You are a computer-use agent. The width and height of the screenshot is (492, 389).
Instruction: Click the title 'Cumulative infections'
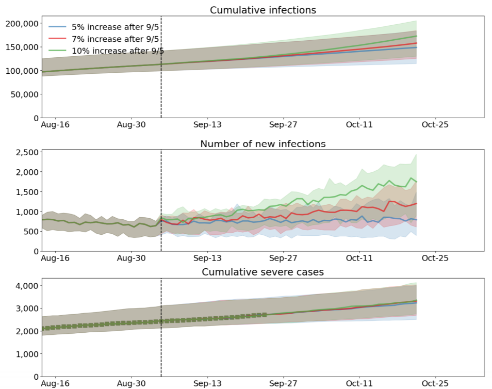[263, 10]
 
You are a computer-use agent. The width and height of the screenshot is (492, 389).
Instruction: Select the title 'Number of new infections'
[263, 143]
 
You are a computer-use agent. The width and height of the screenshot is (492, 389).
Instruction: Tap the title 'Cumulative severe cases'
[263, 271]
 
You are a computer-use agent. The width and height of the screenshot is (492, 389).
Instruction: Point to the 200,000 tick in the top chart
[21, 23]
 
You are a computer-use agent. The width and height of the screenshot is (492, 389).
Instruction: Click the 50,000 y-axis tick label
[23, 94]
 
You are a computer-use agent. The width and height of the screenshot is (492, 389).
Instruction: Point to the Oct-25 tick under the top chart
[435, 125]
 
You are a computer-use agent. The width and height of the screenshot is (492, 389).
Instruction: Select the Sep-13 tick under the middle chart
[207, 258]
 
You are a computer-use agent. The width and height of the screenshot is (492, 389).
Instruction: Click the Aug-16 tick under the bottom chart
[55, 383]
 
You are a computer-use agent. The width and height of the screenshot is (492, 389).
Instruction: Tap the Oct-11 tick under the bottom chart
[359, 383]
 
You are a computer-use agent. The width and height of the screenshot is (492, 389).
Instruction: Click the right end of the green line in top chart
[416, 36]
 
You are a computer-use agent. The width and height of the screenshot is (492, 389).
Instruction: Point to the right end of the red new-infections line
[416, 203]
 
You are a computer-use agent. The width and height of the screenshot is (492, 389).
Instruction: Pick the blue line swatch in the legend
[57, 27]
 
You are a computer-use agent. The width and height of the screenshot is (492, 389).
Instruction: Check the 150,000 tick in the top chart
[21, 47]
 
